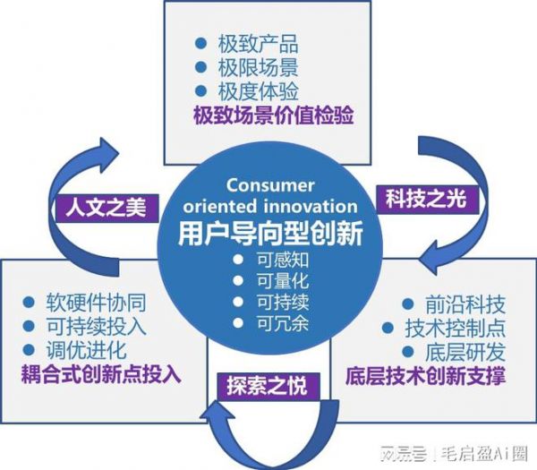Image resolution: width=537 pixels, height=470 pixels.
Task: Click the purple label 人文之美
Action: point(107,208)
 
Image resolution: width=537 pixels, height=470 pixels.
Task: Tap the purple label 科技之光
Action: point(427,199)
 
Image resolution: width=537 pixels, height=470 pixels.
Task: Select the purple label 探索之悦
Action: point(268,386)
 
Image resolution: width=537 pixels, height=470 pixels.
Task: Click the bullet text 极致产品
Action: point(258,44)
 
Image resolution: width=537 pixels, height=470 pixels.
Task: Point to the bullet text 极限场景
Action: point(258,67)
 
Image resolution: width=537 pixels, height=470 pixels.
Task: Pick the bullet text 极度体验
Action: point(258,91)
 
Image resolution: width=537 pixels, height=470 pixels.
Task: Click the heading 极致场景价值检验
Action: point(273,115)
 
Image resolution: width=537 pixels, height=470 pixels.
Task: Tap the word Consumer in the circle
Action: point(270,185)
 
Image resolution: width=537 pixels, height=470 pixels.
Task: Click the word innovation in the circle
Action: point(311,206)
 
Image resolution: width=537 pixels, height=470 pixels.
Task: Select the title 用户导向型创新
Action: point(270,234)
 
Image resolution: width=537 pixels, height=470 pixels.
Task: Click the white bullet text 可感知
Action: point(283,260)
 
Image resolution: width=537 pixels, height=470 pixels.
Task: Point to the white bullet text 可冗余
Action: point(283,324)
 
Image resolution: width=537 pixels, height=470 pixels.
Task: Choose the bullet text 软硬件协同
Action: point(97,303)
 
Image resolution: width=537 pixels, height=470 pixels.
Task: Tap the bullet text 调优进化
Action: point(86,350)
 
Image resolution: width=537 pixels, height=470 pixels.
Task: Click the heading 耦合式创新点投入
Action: point(101,373)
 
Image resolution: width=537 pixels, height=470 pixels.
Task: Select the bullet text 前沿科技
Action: point(465,304)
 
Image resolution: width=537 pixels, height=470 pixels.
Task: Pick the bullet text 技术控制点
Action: point(456,328)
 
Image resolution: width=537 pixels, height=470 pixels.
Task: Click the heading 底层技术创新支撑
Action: point(425,376)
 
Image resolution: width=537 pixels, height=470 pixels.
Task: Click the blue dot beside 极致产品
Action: point(200,43)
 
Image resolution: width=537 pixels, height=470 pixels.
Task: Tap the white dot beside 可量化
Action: point(238,280)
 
